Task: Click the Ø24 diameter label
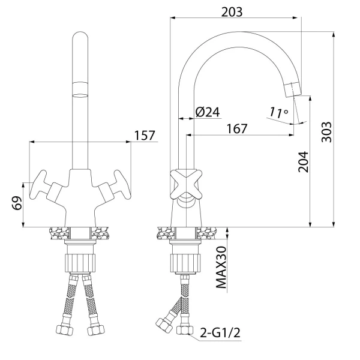click(208, 112)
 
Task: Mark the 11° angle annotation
click(278, 112)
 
